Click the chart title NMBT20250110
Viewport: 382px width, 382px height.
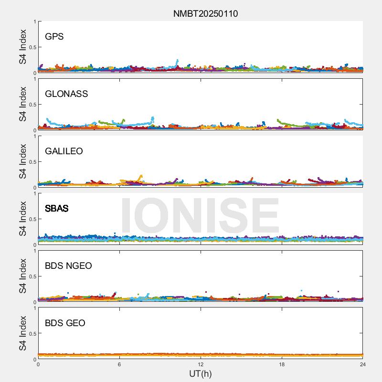(x=205, y=14)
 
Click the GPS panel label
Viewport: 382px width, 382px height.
(x=54, y=37)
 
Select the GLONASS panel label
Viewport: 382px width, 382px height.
(x=66, y=94)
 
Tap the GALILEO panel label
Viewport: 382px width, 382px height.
(x=64, y=151)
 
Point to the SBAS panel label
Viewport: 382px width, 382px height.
(x=56, y=209)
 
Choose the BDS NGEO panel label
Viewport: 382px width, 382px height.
(x=68, y=266)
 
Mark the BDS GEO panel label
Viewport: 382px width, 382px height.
(x=65, y=323)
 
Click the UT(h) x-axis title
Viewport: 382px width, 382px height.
(x=201, y=373)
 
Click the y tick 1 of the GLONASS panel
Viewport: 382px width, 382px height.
(x=34, y=79)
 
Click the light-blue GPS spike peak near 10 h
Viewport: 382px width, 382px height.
(x=178, y=61)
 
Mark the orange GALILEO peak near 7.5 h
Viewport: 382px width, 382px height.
(x=141, y=176)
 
